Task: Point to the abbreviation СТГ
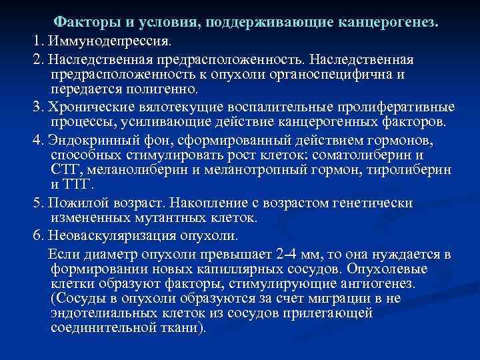tap(66, 169)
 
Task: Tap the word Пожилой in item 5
tap(77, 202)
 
